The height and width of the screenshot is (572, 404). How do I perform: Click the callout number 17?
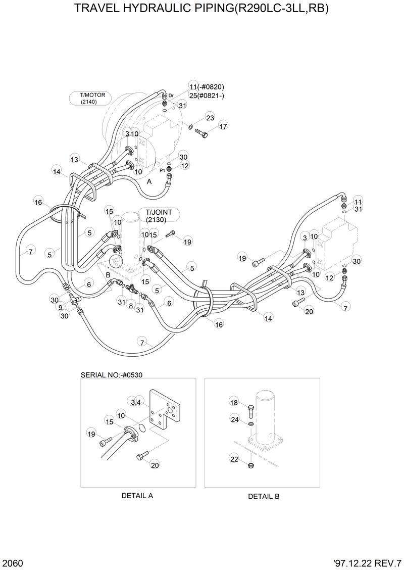pos(223,125)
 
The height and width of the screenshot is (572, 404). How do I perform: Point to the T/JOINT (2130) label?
pos(159,216)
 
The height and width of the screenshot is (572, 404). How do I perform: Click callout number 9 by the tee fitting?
pos(61,307)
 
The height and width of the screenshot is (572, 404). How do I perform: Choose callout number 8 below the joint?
pos(130,306)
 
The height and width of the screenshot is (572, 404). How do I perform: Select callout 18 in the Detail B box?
pos(234,402)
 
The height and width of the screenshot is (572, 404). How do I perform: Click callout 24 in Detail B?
pos(235,419)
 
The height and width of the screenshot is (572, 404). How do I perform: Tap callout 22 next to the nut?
pos(234,459)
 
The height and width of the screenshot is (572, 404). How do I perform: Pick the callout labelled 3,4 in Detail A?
pos(135,402)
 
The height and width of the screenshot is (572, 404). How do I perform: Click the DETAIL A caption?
pos(137,496)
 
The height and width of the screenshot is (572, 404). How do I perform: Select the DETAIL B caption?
pos(263,497)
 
